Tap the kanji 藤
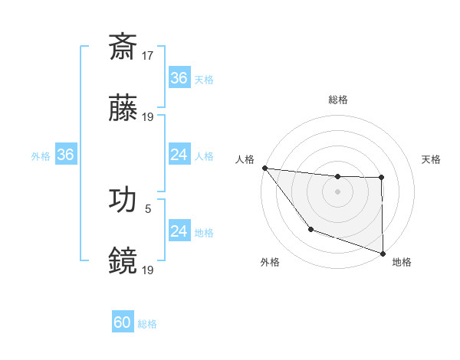pos(123,108)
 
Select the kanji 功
pos(123,199)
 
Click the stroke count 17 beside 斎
pos(148,55)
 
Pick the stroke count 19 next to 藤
pos(148,117)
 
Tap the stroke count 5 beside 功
pos(148,208)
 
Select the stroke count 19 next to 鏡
pos(148,270)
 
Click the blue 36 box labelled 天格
pos(179,78)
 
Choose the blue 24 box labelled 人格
pos(179,155)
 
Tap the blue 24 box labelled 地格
pos(179,232)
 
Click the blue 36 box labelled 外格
pos(65,155)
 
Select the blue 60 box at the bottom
pos(123,323)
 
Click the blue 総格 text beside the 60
pos(147,324)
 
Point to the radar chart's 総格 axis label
pos(338,100)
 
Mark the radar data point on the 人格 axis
pos(264,168)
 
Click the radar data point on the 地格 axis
pos(383,252)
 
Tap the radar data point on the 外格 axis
pos(310,229)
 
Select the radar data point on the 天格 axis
pos(381,178)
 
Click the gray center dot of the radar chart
pos(338,191)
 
